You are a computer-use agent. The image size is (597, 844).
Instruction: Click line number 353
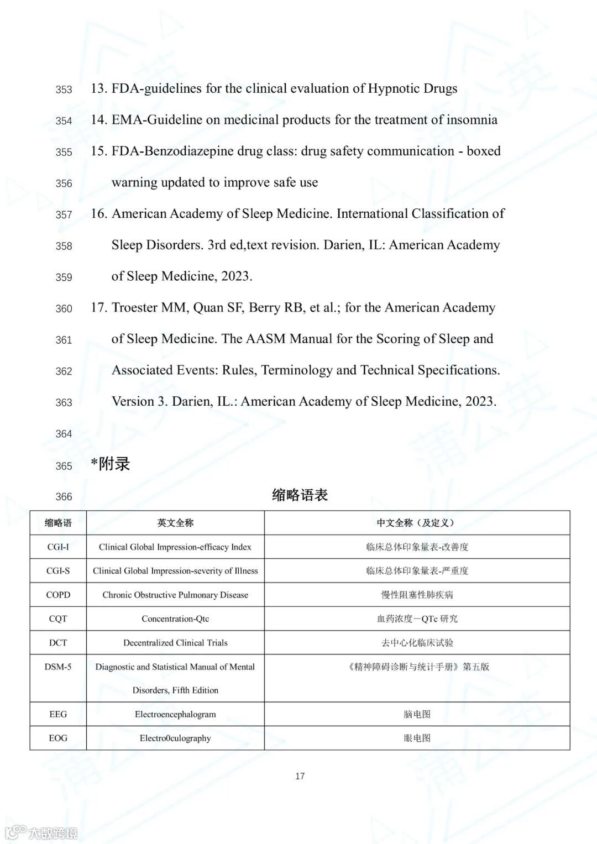pyautogui.click(x=64, y=90)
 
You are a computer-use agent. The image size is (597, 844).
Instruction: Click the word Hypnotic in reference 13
pyautogui.click(x=394, y=88)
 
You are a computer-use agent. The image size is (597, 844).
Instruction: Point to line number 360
pyautogui.click(x=64, y=309)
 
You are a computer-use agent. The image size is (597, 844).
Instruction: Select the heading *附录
pyautogui.click(x=111, y=464)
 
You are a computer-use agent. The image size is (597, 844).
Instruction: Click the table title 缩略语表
pyautogui.click(x=300, y=495)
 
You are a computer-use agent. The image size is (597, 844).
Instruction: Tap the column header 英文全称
pyautogui.click(x=175, y=523)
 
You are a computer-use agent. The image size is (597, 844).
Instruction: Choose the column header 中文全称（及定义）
pyautogui.click(x=417, y=523)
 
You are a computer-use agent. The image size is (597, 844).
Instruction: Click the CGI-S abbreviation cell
pyautogui.click(x=58, y=571)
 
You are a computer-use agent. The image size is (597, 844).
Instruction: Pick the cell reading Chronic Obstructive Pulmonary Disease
pyautogui.click(x=175, y=595)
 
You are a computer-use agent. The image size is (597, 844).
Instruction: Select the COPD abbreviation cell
pyautogui.click(x=58, y=595)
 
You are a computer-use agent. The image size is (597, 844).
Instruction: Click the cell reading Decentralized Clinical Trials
pyautogui.click(x=175, y=643)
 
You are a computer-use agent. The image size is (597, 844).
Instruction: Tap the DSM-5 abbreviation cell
pyautogui.click(x=58, y=667)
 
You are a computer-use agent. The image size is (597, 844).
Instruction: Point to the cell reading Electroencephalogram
pyautogui.click(x=175, y=715)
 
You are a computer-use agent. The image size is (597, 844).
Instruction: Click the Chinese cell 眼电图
pyautogui.click(x=417, y=738)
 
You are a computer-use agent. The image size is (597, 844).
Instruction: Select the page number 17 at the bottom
pyautogui.click(x=300, y=777)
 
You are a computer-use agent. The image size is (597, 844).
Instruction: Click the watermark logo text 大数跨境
pyautogui.click(x=53, y=833)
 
